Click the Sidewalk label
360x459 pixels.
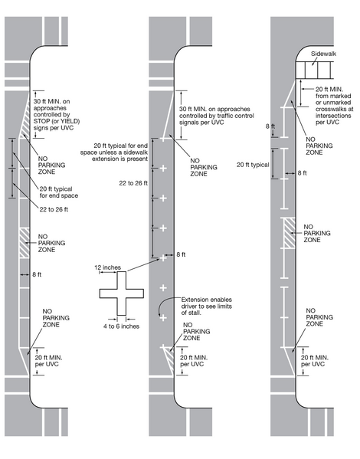323,56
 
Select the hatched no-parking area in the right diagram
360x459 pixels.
289,232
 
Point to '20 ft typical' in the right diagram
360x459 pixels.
253,165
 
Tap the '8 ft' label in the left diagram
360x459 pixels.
37,273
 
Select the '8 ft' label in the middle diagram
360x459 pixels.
181,254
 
